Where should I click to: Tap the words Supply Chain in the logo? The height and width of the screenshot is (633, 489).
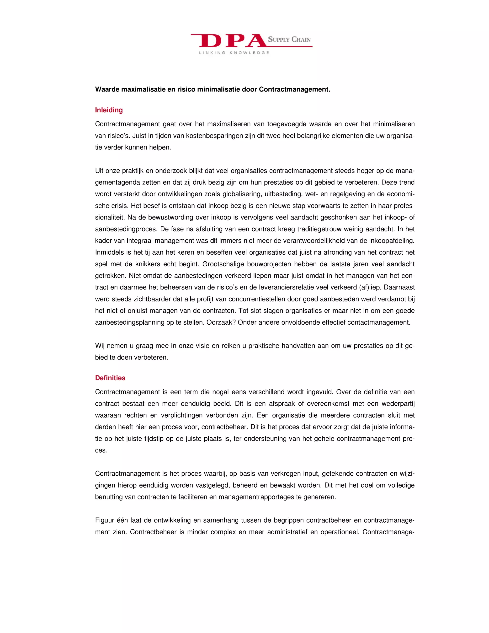(289, 39)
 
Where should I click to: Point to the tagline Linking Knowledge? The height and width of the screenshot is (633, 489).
(234, 53)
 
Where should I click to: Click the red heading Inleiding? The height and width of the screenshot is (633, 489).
(109, 110)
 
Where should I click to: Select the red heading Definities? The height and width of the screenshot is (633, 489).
(110, 378)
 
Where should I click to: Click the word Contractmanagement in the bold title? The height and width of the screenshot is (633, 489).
(294, 90)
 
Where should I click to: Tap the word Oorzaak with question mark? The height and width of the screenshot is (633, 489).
(222, 322)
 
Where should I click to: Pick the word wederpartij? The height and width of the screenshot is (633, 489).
(398, 404)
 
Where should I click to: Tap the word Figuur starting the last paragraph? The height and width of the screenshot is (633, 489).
(104, 520)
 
